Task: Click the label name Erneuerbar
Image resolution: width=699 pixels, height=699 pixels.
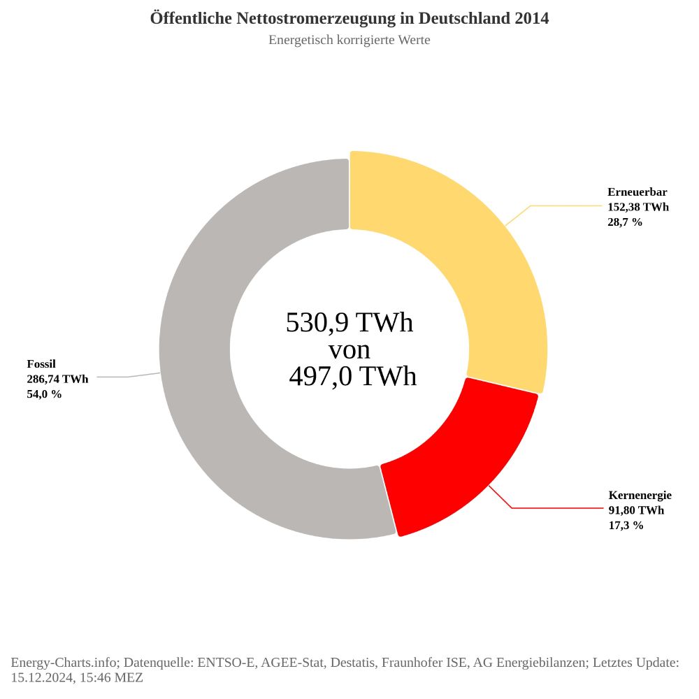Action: (637, 192)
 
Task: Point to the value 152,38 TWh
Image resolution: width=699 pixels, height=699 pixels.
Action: (638, 207)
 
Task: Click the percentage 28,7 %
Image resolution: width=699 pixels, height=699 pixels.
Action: (625, 222)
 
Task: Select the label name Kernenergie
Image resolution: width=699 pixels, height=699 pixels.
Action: (640, 496)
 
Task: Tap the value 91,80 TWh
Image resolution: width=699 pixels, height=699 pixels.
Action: (636, 510)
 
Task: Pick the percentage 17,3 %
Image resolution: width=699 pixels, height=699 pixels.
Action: (626, 526)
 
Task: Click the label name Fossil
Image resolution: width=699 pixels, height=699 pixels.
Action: (41, 364)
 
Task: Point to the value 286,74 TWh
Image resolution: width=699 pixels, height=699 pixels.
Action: (57, 379)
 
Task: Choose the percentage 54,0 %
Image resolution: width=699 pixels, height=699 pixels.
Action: (44, 394)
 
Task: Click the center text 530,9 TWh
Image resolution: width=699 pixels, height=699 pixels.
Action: (349, 323)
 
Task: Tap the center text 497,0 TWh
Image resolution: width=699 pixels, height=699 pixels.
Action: (353, 377)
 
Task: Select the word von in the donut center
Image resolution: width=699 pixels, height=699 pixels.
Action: (349, 349)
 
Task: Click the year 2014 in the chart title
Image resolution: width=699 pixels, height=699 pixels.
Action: (531, 18)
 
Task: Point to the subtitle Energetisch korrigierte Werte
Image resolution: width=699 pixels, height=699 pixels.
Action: (349, 40)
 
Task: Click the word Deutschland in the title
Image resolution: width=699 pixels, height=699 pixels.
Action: (459, 18)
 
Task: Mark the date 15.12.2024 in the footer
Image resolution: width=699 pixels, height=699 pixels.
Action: (40, 677)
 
